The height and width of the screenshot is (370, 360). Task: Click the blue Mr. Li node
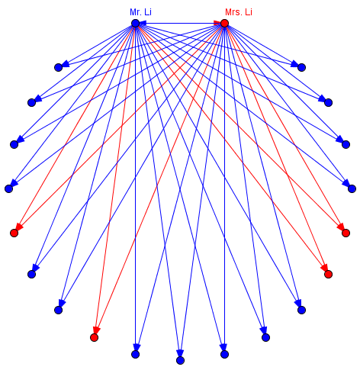coord(136,24)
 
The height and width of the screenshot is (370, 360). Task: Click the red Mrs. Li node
coord(224,24)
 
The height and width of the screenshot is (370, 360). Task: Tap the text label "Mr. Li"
coord(140,12)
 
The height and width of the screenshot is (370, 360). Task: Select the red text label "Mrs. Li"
coord(239,12)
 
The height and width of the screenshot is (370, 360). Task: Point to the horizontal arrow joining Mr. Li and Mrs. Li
coord(180,24)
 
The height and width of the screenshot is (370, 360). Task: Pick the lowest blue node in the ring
coord(180,360)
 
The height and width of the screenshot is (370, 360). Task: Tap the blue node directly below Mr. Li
coord(136,354)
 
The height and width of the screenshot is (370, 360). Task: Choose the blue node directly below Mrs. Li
coord(224,354)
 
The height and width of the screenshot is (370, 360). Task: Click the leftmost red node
coord(14,233)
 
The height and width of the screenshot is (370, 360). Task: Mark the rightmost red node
coord(346,233)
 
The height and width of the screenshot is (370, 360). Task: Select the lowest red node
coord(95,337)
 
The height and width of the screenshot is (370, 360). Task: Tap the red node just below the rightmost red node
coord(329,275)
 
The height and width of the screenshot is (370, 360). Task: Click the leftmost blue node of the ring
coord(9,188)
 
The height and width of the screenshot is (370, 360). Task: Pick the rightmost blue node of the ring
coord(352,188)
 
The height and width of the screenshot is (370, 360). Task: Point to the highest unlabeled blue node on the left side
coord(59,67)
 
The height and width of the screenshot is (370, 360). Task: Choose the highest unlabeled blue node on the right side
coord(301,67)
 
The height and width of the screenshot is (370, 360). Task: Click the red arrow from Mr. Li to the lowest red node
coord(115,178)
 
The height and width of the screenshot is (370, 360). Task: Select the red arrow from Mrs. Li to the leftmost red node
coord(120,127)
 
